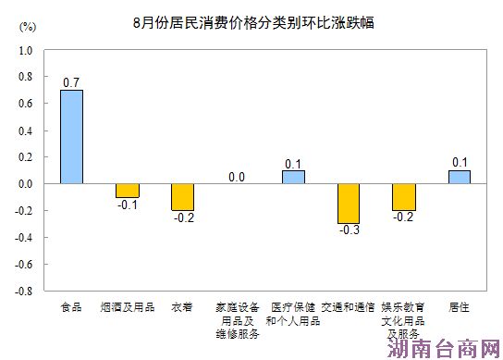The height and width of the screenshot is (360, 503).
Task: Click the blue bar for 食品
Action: (71, 136)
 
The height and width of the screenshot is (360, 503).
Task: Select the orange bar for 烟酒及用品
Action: (127, 191)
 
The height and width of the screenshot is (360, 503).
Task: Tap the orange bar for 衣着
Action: (182, 197)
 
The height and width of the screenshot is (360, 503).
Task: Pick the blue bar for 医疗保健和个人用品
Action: (293, 177)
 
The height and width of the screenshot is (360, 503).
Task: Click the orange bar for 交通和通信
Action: (348, 204)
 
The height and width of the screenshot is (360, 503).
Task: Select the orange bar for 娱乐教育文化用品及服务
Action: (403, 197)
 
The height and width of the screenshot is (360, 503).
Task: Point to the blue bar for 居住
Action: (459, 177)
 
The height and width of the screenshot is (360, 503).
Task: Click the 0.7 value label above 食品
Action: (71, 82)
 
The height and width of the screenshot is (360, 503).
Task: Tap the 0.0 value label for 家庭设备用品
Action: (237, 177)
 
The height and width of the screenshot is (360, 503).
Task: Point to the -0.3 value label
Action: (348, 230)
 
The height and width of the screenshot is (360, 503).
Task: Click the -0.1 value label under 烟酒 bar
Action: (127, 205)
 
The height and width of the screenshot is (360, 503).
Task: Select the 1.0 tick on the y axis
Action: (26, 51)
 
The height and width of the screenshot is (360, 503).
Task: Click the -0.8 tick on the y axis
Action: (24, 290)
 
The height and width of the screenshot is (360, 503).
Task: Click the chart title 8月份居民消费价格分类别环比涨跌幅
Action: (251, 20)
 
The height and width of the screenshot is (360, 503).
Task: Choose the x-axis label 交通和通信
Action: (348, 305)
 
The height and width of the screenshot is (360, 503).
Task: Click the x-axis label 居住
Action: (459, 305)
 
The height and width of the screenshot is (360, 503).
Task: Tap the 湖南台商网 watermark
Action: (444, 348)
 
